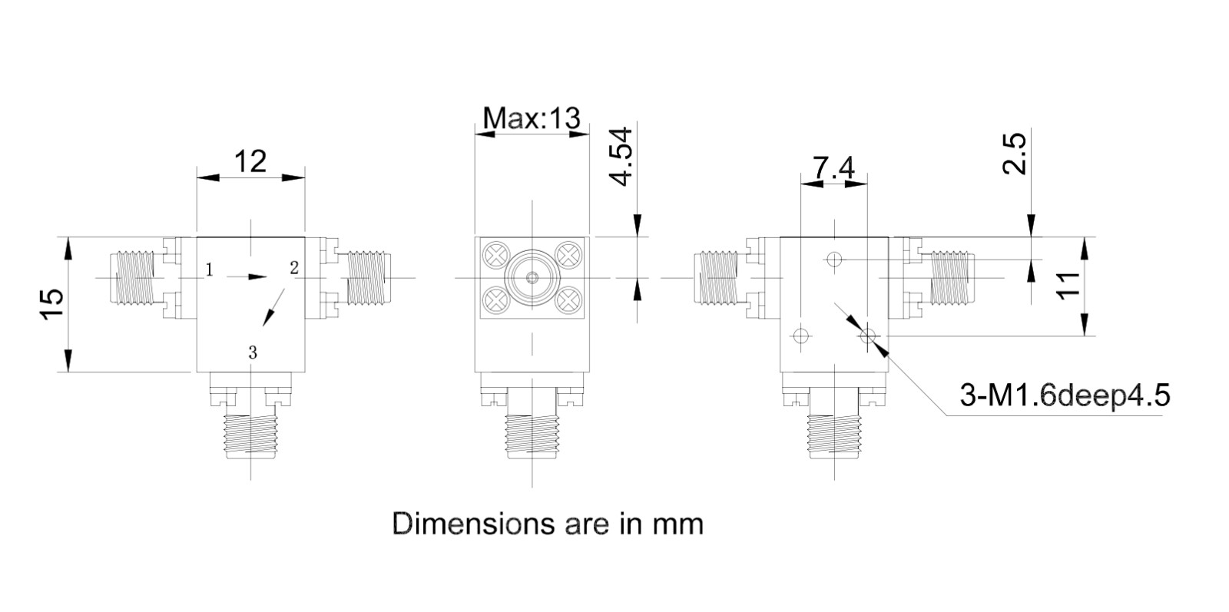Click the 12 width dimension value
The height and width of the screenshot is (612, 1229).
pyautogui.click(x=250, y=161)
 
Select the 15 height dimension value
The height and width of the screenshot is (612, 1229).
pyautogui.click(x=51, y=303)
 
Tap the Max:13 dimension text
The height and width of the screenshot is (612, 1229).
pyautogui.click(x=531, y=118)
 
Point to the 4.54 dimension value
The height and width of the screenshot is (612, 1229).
pyautogui.click(x=621, y=157)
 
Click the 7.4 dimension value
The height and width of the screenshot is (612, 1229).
pyautogui.click(x=833, y=168)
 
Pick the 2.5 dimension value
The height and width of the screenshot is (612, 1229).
pyautogui.click(x=1014, y=154)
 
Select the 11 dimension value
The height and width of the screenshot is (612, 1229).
pyautogui.click(x=1068, y=286)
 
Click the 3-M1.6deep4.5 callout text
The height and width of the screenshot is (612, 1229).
pyautogui.click(x=1065, y=395)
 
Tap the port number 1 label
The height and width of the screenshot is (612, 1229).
pyautogui.click(x=209, y=270)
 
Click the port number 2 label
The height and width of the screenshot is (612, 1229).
pyautogui.click(x=294, y=268)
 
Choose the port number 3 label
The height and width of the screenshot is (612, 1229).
pyautogui.click(x=253, y=352)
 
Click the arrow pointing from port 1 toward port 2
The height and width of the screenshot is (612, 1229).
pyautogui.click(x=247, y=277)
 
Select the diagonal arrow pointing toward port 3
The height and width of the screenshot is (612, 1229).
pyautogui.click(x=273, y=307)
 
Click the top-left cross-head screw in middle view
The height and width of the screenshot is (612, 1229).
pyautogui.click(x=495, y=255)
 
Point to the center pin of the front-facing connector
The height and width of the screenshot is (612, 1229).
pyautogui.click(x=532, y=277)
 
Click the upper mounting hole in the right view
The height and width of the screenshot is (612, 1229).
pyautogui.click(x=834, y=258)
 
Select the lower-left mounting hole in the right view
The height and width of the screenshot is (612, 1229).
pyautogui.click(x=801, y=335)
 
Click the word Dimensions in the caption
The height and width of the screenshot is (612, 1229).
pyautogui.click(x=474, y=524)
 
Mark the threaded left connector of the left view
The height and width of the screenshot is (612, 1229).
pyautogui.click(x=131, y=277)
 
